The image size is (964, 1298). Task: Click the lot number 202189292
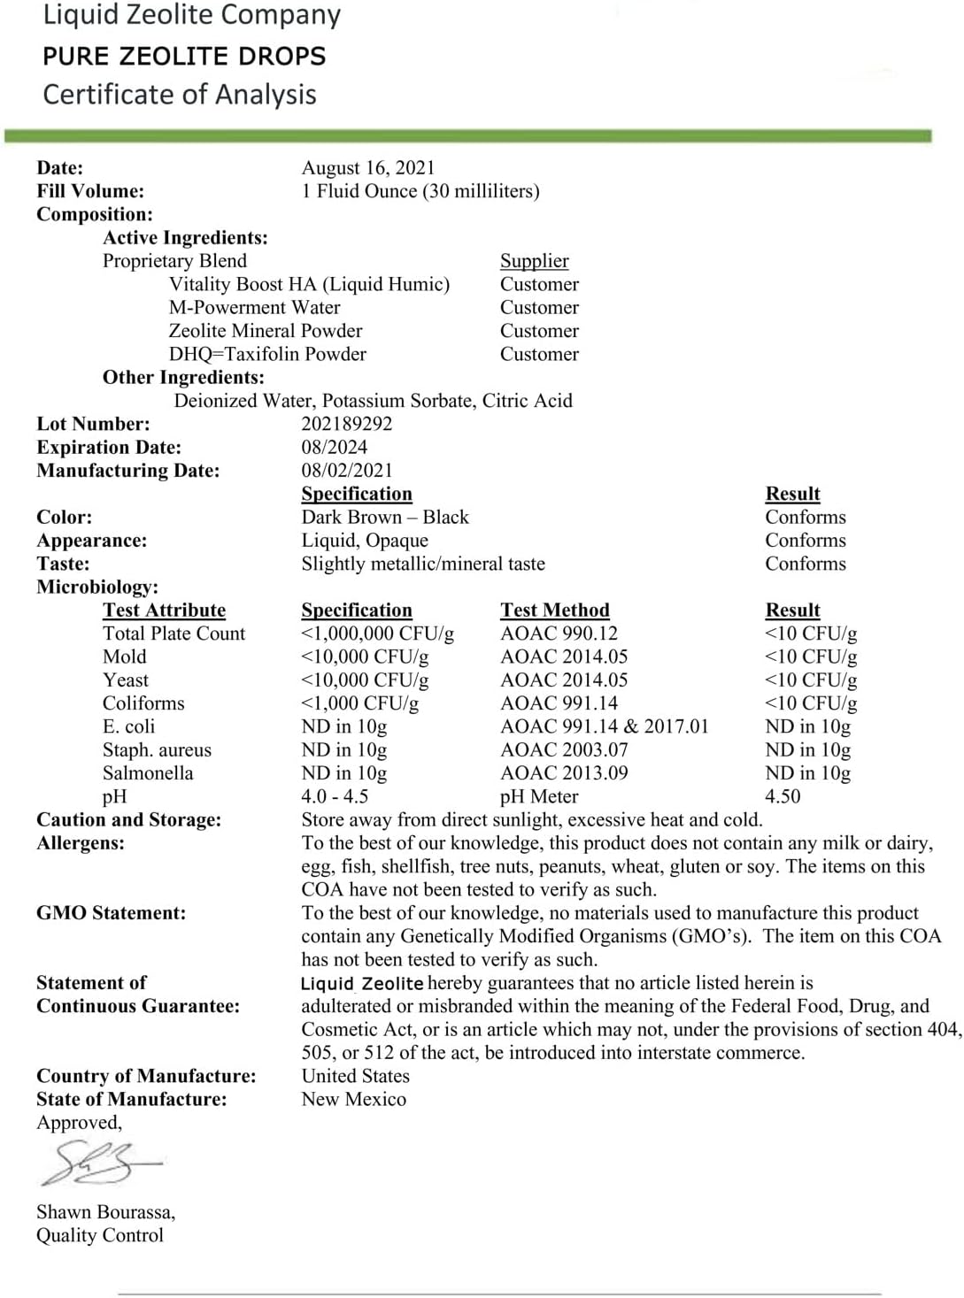346,424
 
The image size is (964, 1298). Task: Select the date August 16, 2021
368,168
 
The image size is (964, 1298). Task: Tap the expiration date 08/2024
334,447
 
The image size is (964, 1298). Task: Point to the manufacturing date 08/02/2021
346,471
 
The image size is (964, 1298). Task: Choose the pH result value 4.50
783,796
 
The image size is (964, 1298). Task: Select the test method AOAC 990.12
559,634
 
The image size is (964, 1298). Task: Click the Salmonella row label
148,773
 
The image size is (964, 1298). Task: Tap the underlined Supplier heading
534,261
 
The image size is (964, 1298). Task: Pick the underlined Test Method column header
554,611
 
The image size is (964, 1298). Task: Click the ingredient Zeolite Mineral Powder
266,331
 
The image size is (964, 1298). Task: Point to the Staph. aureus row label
157,750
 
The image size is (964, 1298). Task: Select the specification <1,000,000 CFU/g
377,634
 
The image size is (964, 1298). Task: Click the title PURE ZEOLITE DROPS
184,57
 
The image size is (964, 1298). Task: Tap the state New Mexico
353,1100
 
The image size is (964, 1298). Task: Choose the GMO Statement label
112,913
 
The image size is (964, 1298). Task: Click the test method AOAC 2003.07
564,750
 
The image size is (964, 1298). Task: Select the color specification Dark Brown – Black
384,518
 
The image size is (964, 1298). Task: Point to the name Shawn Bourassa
105,1212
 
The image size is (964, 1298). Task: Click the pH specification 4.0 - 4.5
335,796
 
